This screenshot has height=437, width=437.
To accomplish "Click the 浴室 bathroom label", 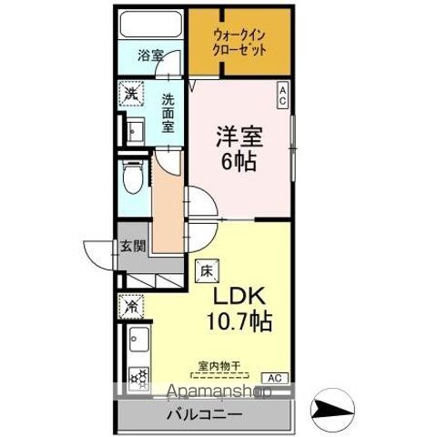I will point(152,56).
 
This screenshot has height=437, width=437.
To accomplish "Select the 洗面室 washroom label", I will point(169,113).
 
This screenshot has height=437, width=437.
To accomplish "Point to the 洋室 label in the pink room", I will point(240,136).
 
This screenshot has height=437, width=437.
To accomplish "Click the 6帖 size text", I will point(238,163).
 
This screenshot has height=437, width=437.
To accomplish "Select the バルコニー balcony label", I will point(204,414).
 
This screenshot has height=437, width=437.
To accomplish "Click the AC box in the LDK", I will point(272,377).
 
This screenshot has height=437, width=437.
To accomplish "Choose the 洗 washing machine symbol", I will point(131,95).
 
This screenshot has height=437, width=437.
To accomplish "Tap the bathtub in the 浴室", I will point(151,25).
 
